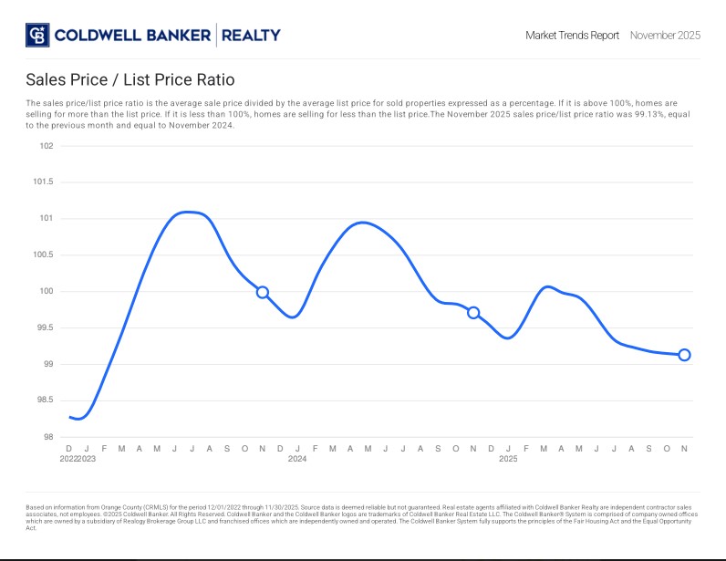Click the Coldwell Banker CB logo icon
[x=37, y=36]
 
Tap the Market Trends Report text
[x=572, y=36]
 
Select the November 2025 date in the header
[x=665, y=36]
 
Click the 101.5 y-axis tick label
[x=44, y=182]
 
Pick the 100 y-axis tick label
[x=47, y=292]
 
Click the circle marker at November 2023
[x=263, y=292]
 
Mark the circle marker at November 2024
[x=473, y=313]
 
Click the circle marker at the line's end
[x=684, y=355]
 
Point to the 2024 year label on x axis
[x=297, y=459]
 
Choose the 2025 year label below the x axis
[x=508, y=459]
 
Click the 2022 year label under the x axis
[x=68, y=459]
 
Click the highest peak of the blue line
[x=187, y=212]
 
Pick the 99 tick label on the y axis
[x=48, y=364]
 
